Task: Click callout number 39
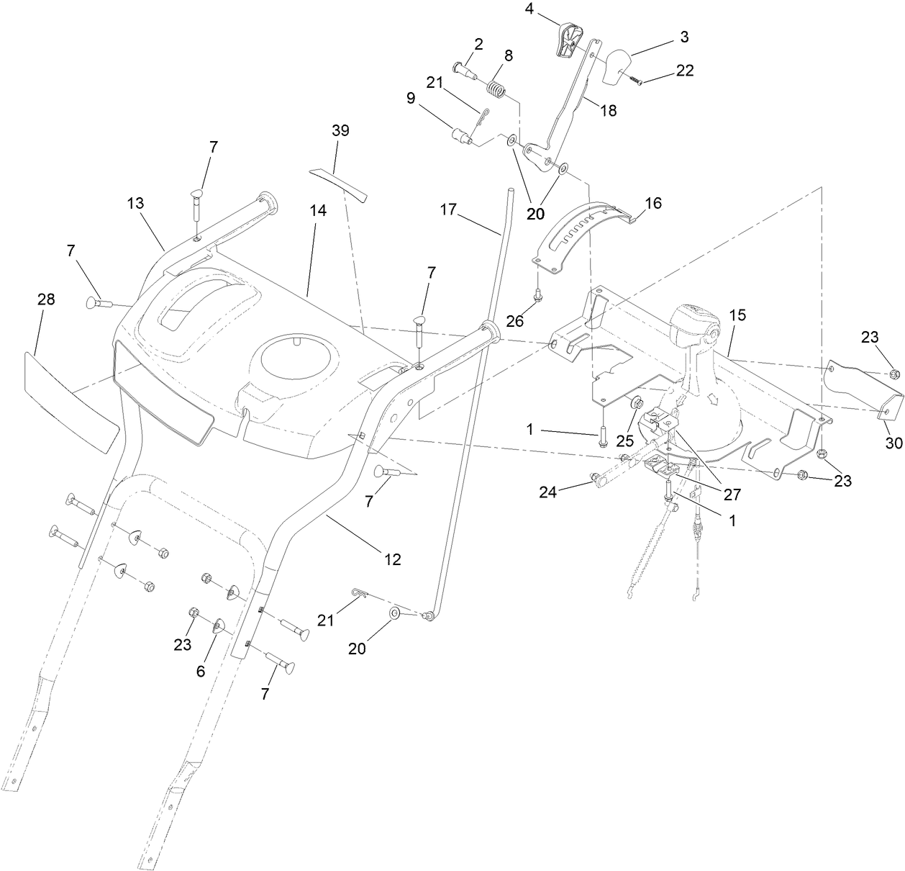(340, 130)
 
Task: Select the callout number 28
(46, 299)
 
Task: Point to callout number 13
(136, 203)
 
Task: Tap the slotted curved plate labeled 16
(586, 234)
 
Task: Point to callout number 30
(893, 443)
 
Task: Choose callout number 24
(549, 492)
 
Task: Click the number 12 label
(393, 559)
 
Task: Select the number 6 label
(201, 670)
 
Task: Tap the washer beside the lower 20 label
(395, 613)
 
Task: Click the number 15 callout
(737, 315)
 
